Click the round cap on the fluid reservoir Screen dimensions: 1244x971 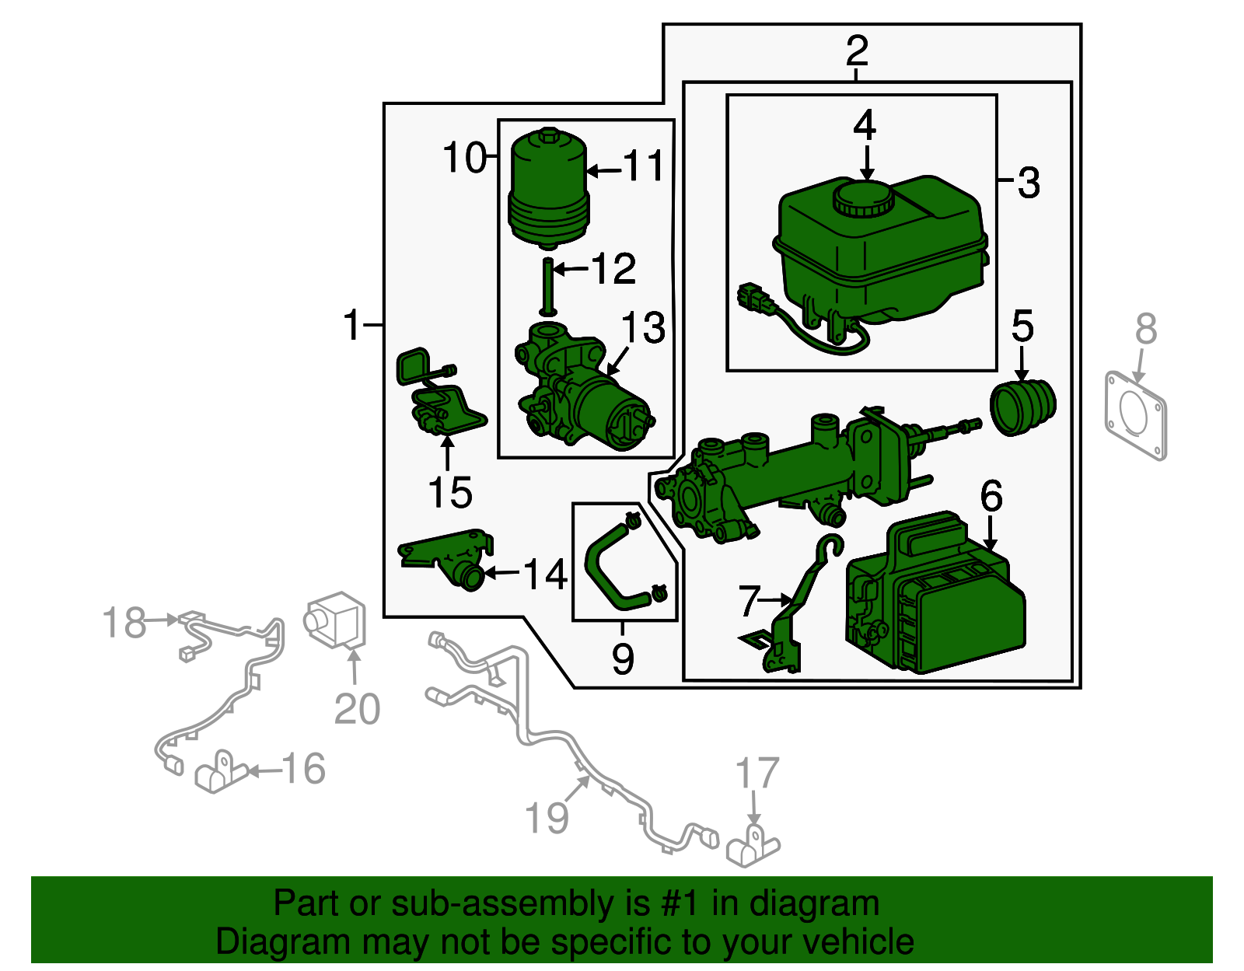tap(864, 198)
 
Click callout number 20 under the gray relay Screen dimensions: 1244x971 tap(357, 709)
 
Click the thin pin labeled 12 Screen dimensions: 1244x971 tap(548, 287)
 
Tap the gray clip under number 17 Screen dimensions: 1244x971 tap(753, 847)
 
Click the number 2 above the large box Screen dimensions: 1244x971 tap(857, 51)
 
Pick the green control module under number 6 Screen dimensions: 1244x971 tap(935, 595)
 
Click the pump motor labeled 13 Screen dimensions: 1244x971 tap(584, 389)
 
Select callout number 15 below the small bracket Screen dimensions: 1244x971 tap(450, 493)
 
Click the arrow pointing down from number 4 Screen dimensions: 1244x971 tap(868, 163)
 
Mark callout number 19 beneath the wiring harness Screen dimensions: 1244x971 tap(547, 818)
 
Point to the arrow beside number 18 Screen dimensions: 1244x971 tap(162, 620)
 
